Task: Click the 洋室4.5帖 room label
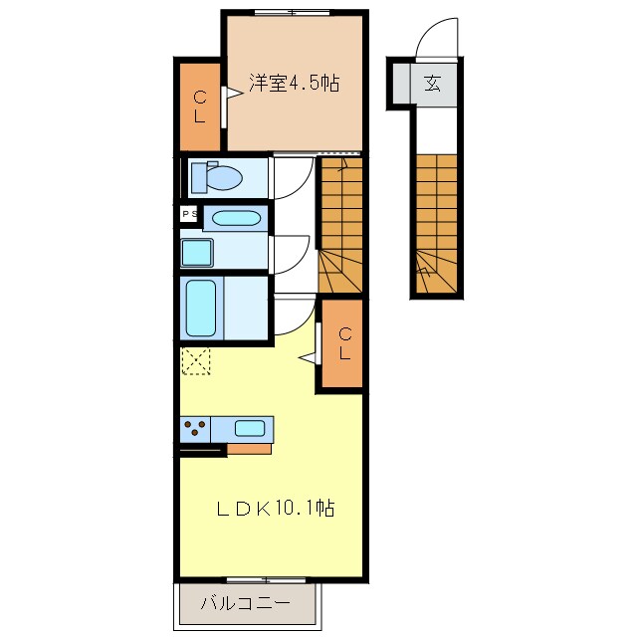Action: (x=295, y=84)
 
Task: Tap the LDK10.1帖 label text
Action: (x=276, y=508)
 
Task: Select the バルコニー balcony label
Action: (x=246, y=603)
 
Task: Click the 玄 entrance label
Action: (x=432, y=84)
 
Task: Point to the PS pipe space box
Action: (x=189, y=214)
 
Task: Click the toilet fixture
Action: (x=216, y=177)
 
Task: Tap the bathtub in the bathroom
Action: (x=201, y=308)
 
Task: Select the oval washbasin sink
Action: (x=236, y=218)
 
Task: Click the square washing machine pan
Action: (x=197, y=253)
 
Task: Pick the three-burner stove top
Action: (x=195, y=429)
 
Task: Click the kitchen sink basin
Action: (x=250, y=428)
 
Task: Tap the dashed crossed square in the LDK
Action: (x=196, y=360)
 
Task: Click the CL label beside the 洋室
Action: (x=200, y=107)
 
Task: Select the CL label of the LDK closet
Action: (x=345, y=343)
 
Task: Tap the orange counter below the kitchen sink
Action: (x=249, y=449)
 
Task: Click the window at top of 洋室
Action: (x=292, y=13)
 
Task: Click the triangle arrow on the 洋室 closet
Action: (x=235, y=93)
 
